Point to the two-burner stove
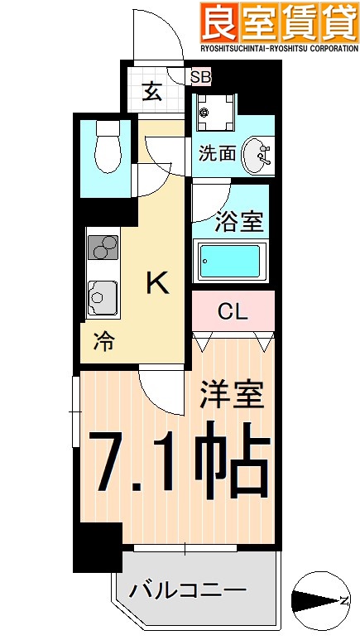pyautogui.click(x=103, y=249)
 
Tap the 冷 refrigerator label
pyautogui.click(x=103, y=339)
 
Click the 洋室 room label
pyautogui.click(x=232, y=394)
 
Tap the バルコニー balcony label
pyautogui.click(x=186, y=591)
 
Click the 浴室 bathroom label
pyautogui.click(x=239, y=222)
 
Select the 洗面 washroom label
pyautogui.click(x=217, y=153)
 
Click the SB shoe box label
pyautogui.click(x=200, y=77)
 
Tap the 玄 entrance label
pyautogui.click(x=153, y=90)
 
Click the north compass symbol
pyautogui.click(x=319, y=599)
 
